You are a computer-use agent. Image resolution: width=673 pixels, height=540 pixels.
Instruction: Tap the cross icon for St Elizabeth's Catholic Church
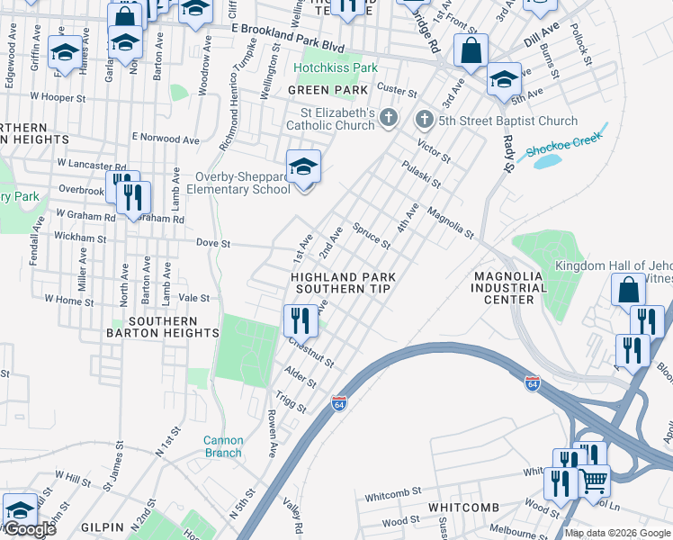(x=388, y=118)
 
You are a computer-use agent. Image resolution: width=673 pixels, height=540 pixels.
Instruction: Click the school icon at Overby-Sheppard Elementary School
(x=304, y=166)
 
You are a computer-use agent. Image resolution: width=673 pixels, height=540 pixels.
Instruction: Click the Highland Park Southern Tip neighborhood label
(x=342, y=283)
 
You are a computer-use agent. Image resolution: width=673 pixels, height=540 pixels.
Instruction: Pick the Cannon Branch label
(x=222, y=446)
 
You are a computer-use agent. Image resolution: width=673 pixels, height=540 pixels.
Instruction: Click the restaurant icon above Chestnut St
(x=301, y=320)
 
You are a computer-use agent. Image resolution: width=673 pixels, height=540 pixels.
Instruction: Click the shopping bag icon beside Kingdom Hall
(x=628, y=291)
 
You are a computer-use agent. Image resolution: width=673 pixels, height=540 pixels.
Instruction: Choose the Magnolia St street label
(x=450, y=223)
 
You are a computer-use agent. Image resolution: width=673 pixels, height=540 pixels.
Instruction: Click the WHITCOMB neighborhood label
(x=463, y=508)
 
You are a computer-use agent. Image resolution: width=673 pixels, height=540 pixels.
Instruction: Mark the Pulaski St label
(x=421, y=170)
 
